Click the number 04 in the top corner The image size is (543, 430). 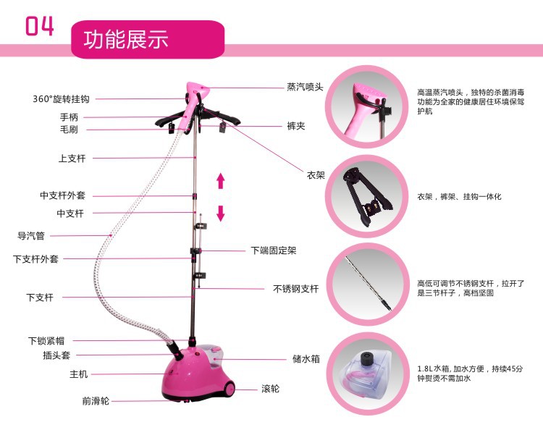(x=40, y=25)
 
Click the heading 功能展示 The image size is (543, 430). (x=127, y=38)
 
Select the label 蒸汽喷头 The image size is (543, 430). (x=305, y=86)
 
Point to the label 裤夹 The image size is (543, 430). (x=295, y=126)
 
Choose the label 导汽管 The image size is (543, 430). (x=31, y=235)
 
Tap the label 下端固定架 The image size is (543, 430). (x=274, y=250)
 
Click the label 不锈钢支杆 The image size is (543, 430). (x=295, y=288)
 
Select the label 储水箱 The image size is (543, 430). (x=306, y=358)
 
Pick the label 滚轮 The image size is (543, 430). (x=270, y=389)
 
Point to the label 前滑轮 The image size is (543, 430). (x=95, y=401)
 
